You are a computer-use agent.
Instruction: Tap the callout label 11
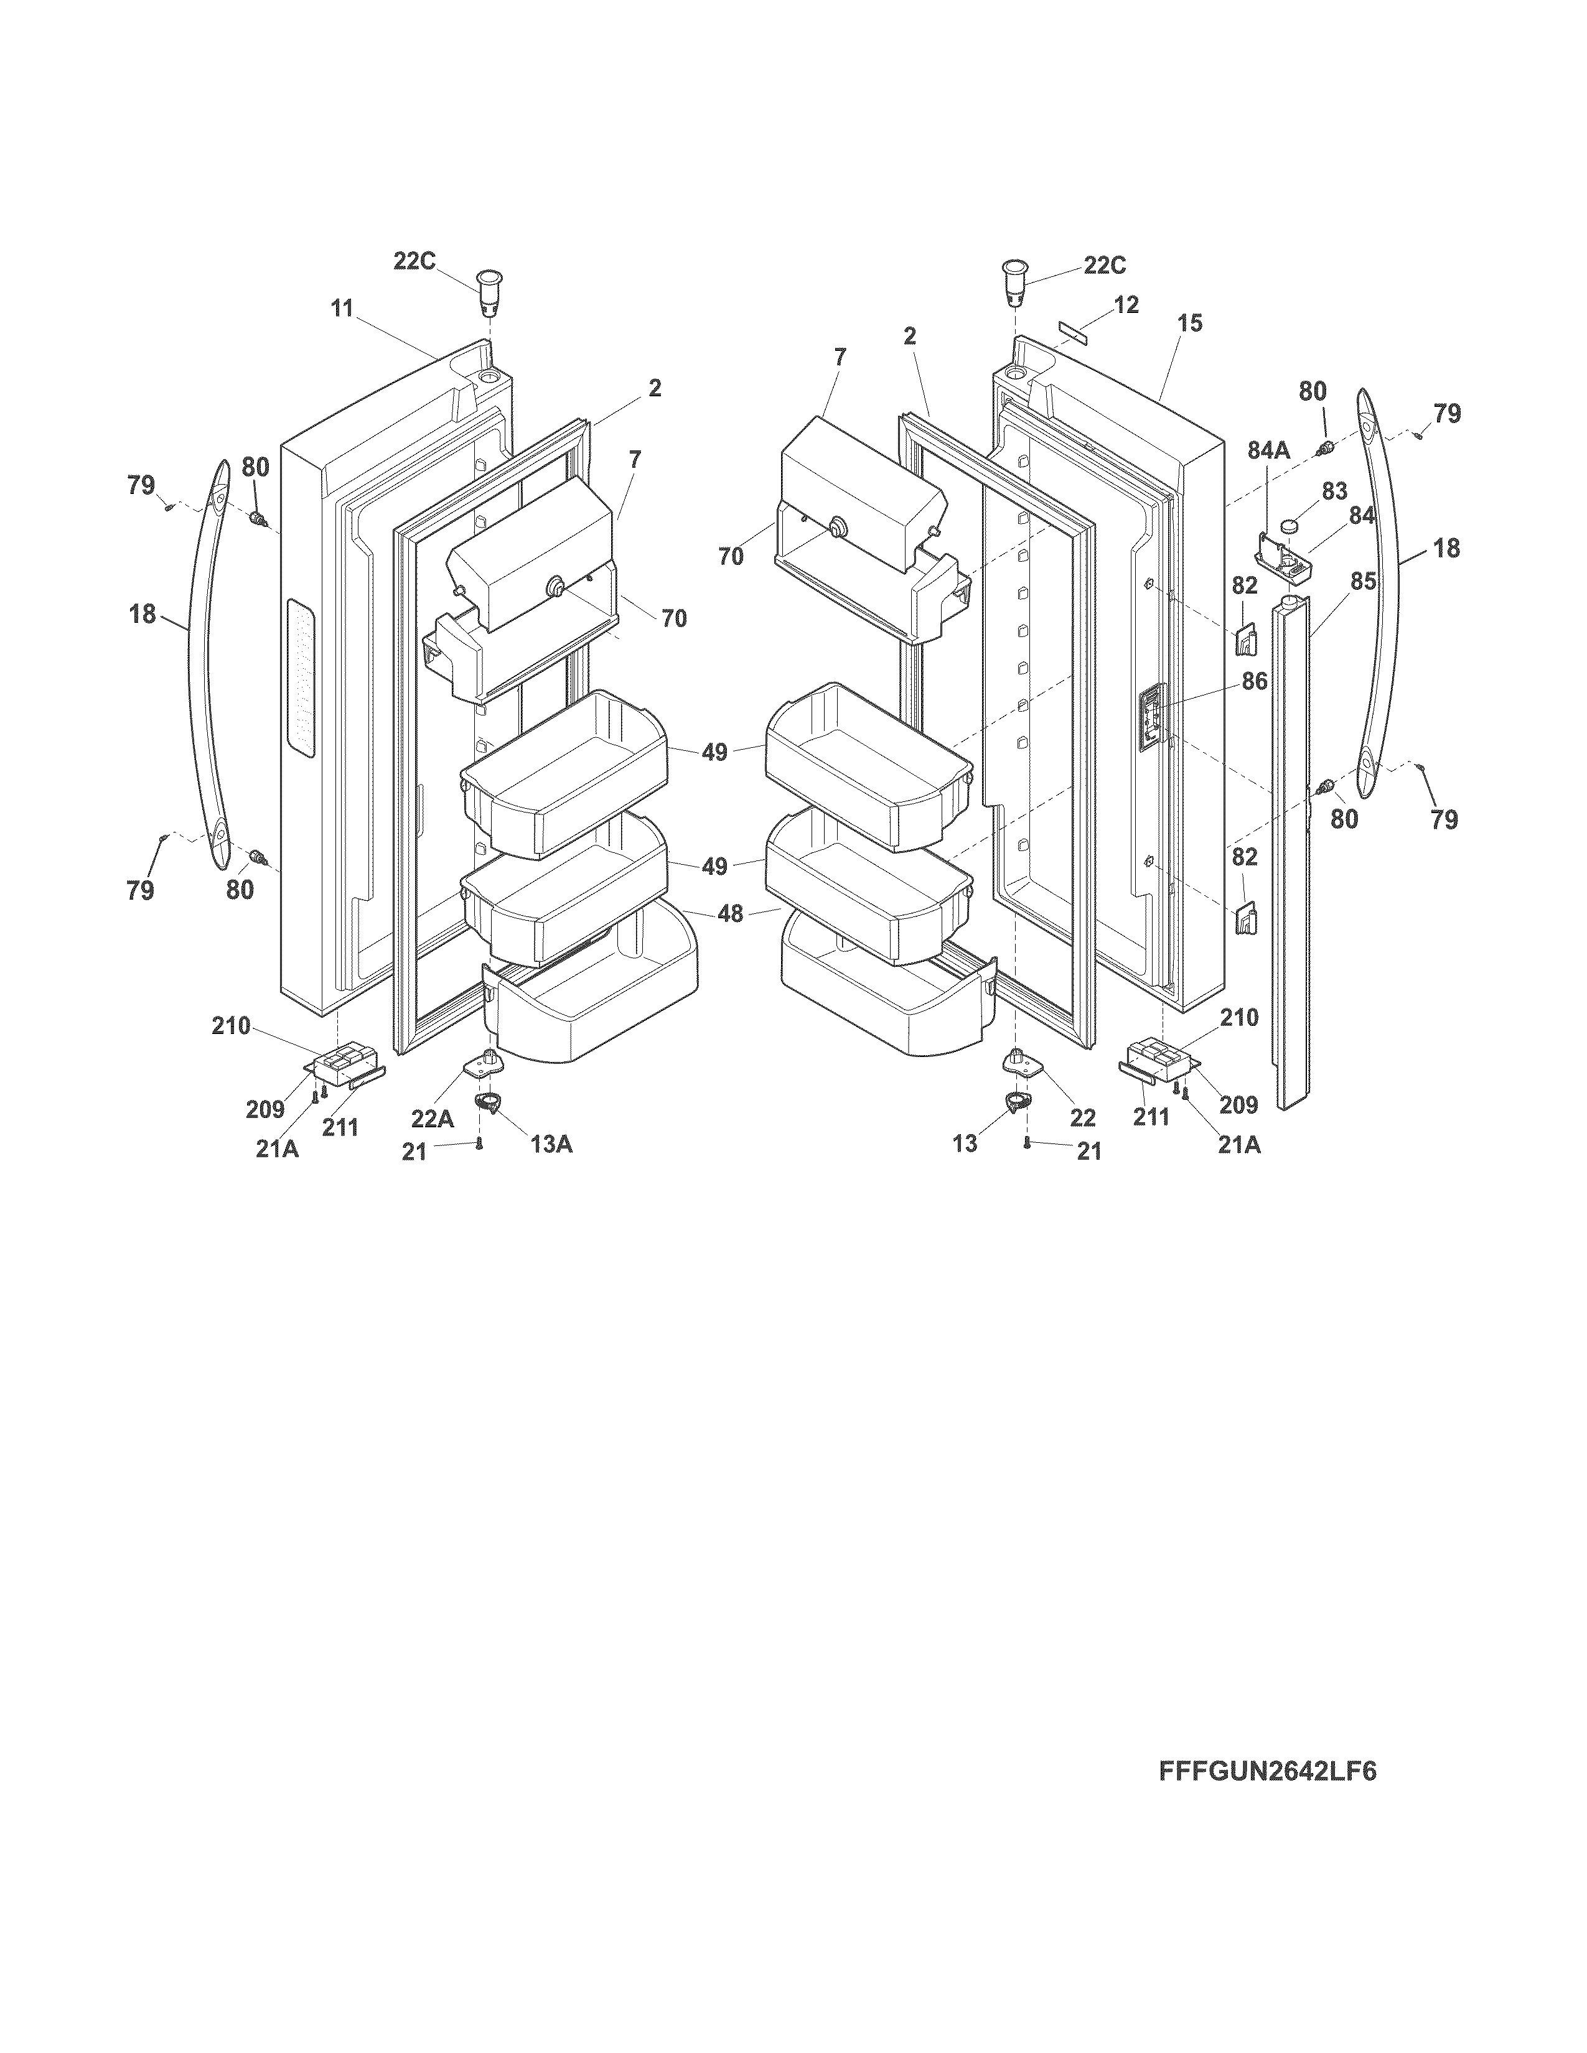coord(341,307)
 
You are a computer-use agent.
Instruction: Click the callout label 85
coord(1363,582)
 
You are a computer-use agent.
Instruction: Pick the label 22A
coord(431,1118)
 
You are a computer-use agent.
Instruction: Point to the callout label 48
coord(731,913)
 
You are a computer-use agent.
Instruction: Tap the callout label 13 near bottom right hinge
coord(965,1143)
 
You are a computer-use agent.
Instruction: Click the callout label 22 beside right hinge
coord(1083,1118)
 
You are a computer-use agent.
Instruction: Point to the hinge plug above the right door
coord(1013,281)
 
